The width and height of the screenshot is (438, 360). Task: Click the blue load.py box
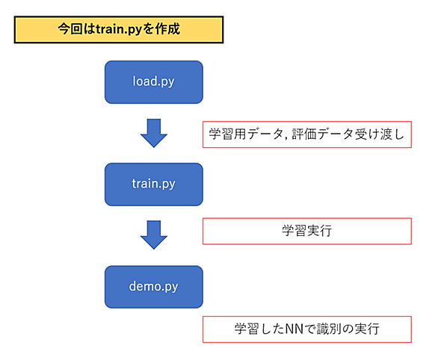pos(154,82)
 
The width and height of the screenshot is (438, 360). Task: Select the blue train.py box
pos(154,184)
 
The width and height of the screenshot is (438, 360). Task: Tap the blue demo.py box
pos(154,287)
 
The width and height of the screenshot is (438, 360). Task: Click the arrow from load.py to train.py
pos(154,133)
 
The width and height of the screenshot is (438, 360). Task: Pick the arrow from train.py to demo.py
pos(154,235)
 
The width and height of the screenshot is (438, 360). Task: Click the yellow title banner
pos(119,30)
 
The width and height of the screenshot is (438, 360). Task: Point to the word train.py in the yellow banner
pos(119,30)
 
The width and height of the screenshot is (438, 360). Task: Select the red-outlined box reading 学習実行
pos(307,232)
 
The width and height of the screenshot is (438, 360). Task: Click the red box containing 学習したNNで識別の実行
pos(307,329)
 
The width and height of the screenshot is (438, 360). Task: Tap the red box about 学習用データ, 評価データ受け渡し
pos(307,134)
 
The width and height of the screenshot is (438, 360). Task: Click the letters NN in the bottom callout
pos(294,329)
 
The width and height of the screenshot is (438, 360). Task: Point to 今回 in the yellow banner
pos(70,29)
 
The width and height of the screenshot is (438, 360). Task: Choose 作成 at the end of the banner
pos(167,29)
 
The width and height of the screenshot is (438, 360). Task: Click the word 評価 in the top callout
pos(304,134)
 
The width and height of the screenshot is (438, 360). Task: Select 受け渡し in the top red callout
pos(380,134)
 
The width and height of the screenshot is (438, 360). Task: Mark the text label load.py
pos(153,81)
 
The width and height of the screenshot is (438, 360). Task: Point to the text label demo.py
pos(153,287)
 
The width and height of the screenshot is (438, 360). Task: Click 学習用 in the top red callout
pos(227,134)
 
